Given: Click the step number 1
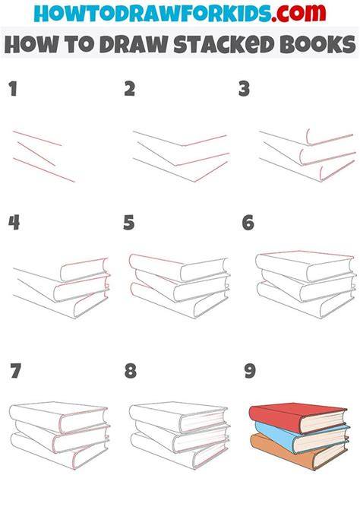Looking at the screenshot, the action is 13,89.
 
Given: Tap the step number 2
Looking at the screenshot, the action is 129,89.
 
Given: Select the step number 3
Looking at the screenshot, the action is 244,89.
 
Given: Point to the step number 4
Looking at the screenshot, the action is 14,223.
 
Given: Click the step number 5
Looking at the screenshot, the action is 128,223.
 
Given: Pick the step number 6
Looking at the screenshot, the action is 248,223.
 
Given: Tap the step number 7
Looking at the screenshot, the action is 16,371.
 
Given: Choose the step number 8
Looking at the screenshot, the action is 131,371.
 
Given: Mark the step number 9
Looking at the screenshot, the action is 250,371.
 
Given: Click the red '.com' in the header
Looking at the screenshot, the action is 298,13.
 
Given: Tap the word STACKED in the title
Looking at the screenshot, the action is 224,44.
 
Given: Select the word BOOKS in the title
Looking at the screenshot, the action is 317,44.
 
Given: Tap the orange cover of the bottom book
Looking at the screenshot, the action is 279,451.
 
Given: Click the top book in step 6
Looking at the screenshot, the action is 305,266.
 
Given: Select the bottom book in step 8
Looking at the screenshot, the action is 178,451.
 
